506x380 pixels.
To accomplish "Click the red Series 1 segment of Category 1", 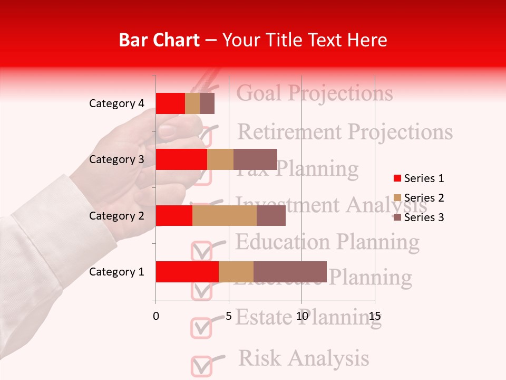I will tap(187, 272).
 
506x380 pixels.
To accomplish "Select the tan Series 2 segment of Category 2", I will tap(225, 215).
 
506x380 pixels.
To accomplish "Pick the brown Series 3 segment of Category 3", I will tap(255, 159).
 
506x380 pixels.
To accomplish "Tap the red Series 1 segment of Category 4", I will tap(170, 103).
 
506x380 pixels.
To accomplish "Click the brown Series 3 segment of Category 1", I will tap(290, 272).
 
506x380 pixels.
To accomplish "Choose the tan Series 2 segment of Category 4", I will tap(192, 103).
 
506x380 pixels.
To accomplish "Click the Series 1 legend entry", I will tap(419, 178).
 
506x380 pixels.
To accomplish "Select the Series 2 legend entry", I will tap(419, 198).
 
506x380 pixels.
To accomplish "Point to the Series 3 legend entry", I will tap(419, 217).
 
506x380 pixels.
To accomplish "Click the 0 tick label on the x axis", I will tap(156, 316).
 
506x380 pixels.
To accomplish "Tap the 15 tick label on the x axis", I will tap(374, 316).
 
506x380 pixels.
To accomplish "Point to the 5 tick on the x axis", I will tap(229, 316).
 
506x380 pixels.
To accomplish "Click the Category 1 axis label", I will tap(116, 272).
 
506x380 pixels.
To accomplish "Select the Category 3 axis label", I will tap(116, 159).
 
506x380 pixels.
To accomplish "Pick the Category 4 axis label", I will tap(116, 103).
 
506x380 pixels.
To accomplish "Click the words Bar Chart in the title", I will tap(159, 40).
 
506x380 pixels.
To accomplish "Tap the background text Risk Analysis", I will tap(304, 358).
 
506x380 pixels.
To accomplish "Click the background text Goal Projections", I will tap(315, 93).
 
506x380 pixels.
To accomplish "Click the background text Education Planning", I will tap(327, 242).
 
